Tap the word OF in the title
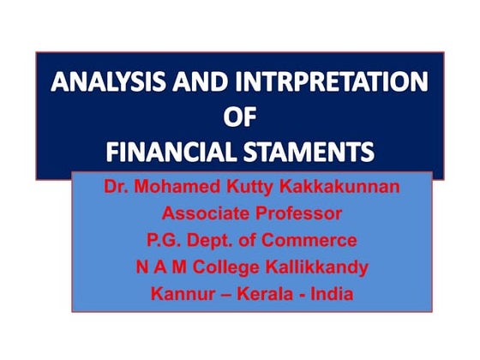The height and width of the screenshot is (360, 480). click(x=240, y=118)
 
